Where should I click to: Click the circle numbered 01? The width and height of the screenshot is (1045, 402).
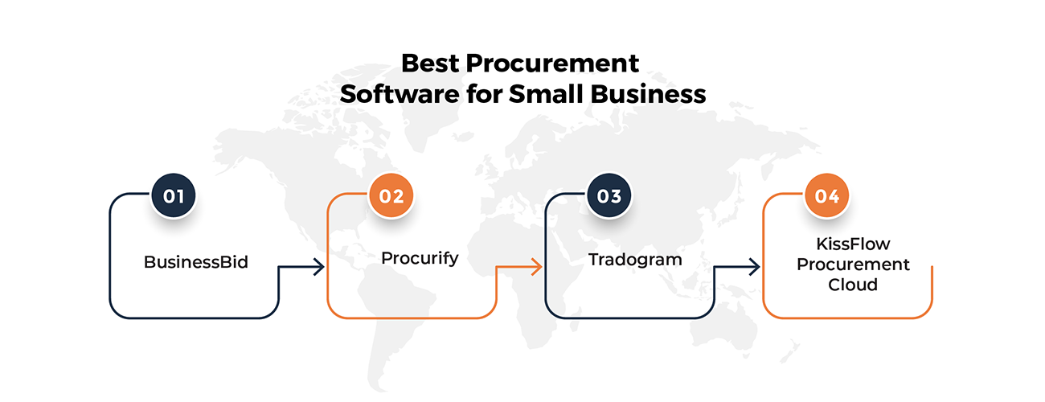tap(174, 196)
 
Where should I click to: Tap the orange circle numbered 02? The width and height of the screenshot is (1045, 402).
tap(391, 196)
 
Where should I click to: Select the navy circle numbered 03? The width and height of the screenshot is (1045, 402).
tap(609, 196)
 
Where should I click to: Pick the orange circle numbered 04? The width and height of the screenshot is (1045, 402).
tap(827, 196)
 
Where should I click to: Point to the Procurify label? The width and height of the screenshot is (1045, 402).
tap(420, 258)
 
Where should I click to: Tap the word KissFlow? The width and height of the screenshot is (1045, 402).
tap(853, 243)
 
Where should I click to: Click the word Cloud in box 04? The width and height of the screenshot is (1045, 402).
tap(853, 285)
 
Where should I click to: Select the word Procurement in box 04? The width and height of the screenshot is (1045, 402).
tap(853, 264)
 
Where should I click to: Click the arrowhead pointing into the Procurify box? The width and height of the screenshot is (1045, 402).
tap(320, 268)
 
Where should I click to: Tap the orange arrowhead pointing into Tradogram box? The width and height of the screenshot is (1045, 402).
tap(538, 268)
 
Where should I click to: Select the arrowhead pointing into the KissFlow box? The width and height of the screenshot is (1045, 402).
tap(756, 268)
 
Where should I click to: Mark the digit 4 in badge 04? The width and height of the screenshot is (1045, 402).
tap(834, 196)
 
